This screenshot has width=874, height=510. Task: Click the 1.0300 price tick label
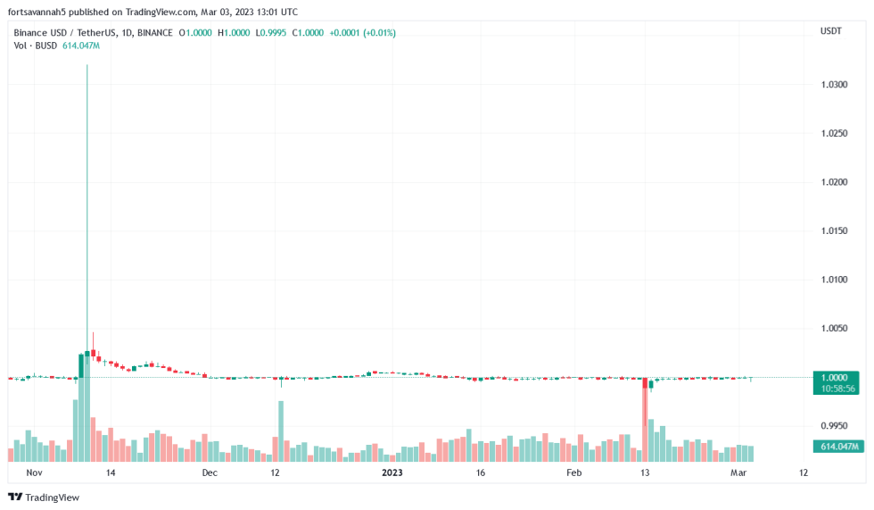(x=835, y=85)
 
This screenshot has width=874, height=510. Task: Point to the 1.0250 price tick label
(x=835, y=133)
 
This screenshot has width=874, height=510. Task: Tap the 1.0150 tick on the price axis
(x=835, y=230)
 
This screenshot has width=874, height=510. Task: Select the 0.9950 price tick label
(x=835, y=425)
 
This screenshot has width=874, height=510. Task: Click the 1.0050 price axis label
(x=835, y=328)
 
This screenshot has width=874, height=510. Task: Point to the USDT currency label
(x=830, y=32)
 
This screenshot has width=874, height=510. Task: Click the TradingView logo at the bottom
(x=44, y=497)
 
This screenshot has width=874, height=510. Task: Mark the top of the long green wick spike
(x=87, y=65)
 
